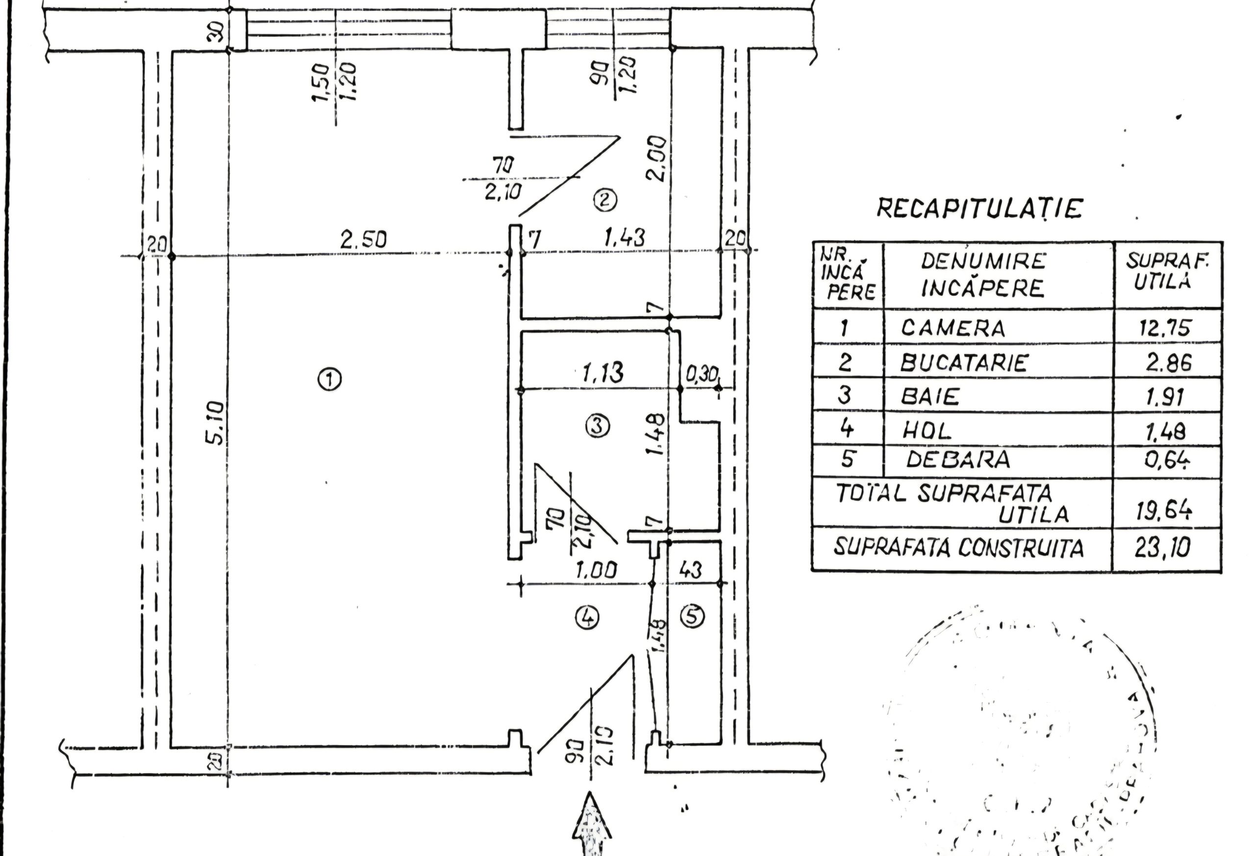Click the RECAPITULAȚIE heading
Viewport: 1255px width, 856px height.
coord(979,208)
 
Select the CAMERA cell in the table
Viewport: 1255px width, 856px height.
coord(953,328)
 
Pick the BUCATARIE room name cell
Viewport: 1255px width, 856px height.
coord(963,362)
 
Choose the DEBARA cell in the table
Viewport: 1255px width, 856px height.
coord(957,459)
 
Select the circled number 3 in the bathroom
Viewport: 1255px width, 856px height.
coord(597,426)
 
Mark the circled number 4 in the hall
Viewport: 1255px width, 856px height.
coord(587,617)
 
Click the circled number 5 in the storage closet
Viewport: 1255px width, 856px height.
coord(693,616)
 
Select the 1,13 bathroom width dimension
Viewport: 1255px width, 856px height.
coord(602,372)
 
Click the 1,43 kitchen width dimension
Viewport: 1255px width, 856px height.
coord(624,238)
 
